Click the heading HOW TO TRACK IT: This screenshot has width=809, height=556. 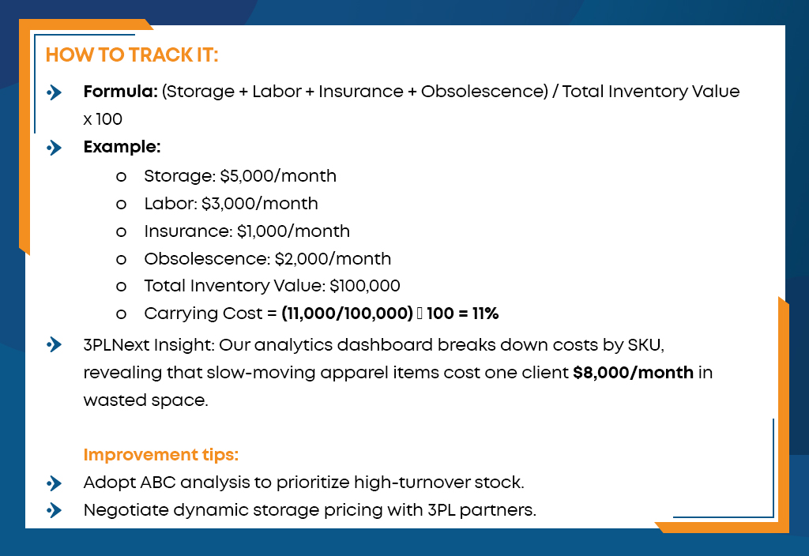pyautogui.click(x=132, y=54)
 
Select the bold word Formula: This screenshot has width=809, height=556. pyautogui.click(x=121, y=92)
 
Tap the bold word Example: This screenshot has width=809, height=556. pyautogui.click(x=122, y=147)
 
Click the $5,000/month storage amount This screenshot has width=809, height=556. pyautogui.click(x=278, y=176)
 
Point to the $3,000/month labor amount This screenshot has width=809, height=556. pyautogui.click(x=259, y=204)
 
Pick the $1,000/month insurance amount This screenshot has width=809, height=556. pyautogui.click(x=293, y=231)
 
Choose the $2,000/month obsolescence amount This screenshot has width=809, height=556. pyautogui.click(x=333, y=258)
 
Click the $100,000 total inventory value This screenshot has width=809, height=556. pyautogui.click(x=365, y=286)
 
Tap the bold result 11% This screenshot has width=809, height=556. pyautogui.click(x=485, y=313)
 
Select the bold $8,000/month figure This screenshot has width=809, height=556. pyautogui.click(x=633, y=373)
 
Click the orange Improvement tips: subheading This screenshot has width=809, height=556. pyautogui.click(x=161, y=454)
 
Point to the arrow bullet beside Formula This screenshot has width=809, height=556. pyautogui.click(x=55, y=92)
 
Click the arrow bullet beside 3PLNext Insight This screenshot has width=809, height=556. pyautogui.click(x=55, y=344)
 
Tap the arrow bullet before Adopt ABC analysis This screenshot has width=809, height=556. pyautogui.click(x=55, y=483)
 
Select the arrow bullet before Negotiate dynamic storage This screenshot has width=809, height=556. pyautogui.click(x=55, y=510)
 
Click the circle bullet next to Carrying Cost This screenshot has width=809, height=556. pyautogui.click(x=121, y=314)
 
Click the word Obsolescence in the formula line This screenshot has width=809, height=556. pyautogui.click(x=484, y=92)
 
